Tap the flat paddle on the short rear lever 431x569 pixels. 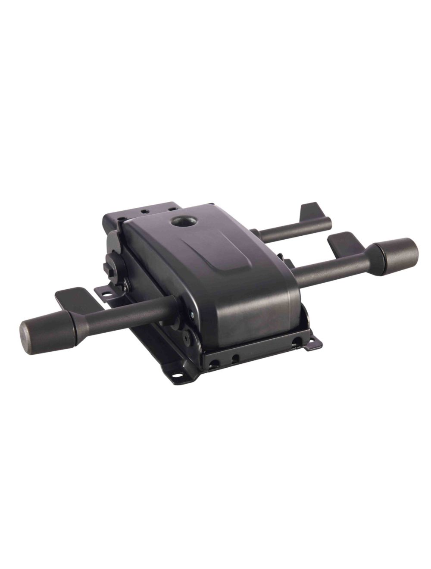313,212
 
